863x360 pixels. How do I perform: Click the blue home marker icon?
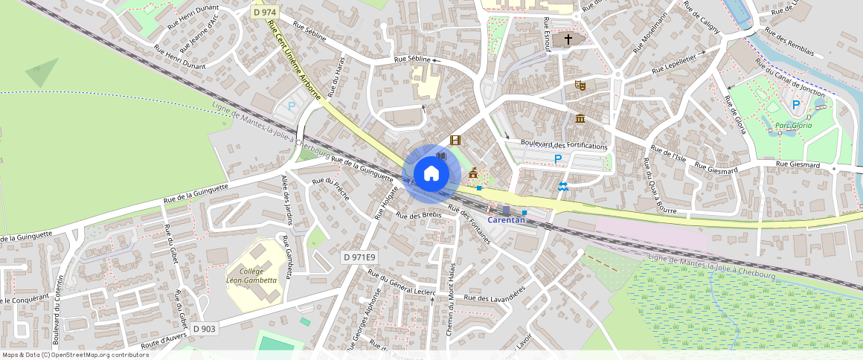431,174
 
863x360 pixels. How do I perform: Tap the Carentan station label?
507,219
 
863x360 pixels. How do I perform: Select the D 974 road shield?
264,13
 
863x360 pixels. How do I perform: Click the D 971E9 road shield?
360,257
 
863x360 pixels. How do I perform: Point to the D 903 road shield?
204,329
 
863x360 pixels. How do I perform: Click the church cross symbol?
568,39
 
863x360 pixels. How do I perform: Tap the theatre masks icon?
580,86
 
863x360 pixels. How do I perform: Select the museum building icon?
580,119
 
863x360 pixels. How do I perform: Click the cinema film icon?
455,140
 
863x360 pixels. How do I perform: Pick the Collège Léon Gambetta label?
251,276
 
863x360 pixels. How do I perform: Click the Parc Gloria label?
794,125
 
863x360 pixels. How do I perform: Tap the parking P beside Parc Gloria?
796,105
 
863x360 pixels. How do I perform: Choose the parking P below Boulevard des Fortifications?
557,158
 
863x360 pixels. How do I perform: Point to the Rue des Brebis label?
419,215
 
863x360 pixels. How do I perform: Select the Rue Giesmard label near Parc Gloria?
798,164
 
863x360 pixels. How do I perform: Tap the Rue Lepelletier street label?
673,64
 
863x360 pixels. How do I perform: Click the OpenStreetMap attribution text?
75,355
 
